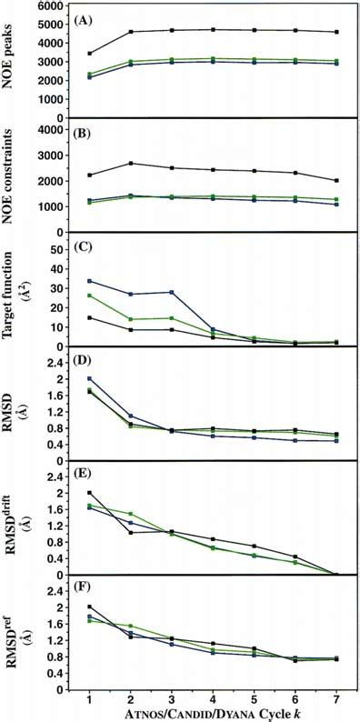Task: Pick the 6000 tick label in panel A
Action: pyautogui.click(x=55, y=6)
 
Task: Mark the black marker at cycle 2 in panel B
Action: pyautogui.click(x=131, y=164)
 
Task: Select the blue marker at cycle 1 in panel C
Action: pyautogui.click(x=90, y=281)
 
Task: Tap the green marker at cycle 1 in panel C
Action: pyautogui.click(x=90, y=296)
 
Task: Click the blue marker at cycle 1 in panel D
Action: pyautogui.click(x=90, y=378)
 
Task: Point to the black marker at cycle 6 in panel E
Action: pyautogui.click(x=295, y=557)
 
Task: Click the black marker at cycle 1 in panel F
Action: pyautogui.click(x=90, y=607)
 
